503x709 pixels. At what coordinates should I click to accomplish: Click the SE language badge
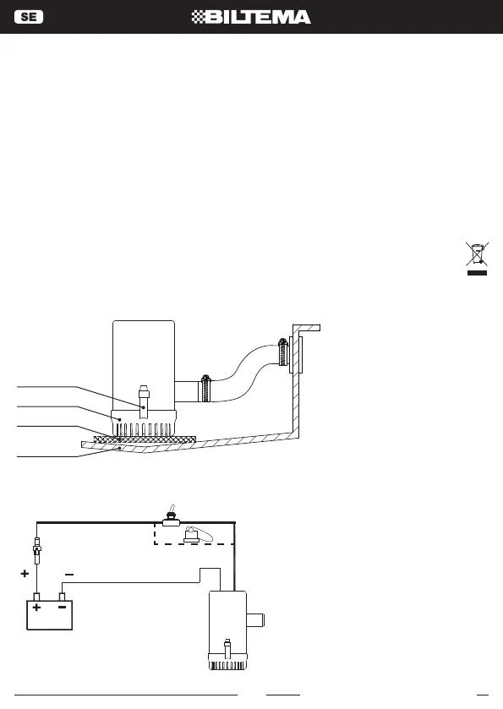[29, 17]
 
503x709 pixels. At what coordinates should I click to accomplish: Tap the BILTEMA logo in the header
[251, 17]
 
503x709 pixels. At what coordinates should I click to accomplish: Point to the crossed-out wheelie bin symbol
[478, 254]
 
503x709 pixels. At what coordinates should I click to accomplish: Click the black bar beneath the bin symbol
[478, 273]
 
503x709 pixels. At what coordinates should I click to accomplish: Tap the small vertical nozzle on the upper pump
[144, 401]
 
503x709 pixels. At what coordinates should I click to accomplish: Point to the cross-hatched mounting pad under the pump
[145, 439]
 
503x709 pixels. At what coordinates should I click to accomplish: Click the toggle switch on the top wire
[172, 516]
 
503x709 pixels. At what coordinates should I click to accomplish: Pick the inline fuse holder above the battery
[37, 550]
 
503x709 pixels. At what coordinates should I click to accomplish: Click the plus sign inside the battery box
[36, 608]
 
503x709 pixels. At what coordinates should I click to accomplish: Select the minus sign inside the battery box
[63, 608]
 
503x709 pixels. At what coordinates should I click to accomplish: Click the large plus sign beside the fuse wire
[25, 573]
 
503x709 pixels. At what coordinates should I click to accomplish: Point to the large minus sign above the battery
[69, 575]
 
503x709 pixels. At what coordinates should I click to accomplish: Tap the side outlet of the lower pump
[255, 620]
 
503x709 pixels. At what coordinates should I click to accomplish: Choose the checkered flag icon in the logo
[198, 17]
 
